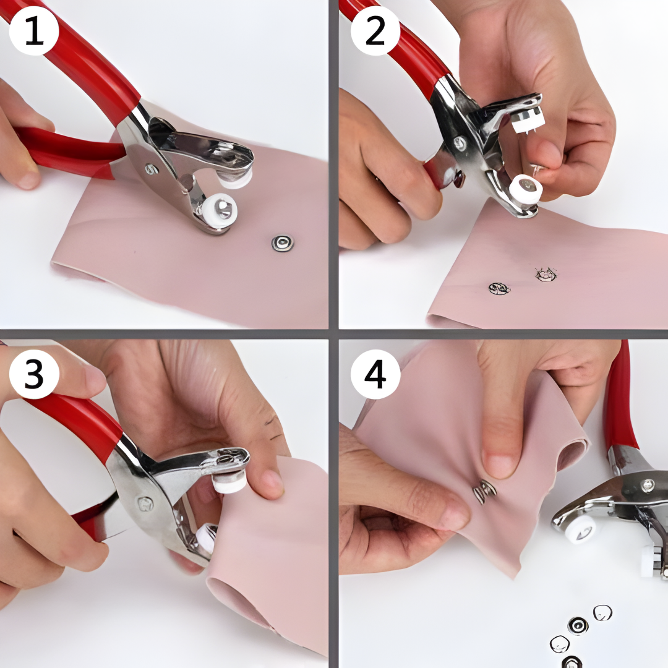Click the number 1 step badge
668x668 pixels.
tap(34, 31)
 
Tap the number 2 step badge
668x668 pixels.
tap(375, 31)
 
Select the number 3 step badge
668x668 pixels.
tap(34, 374)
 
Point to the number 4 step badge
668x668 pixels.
tap(375, 374)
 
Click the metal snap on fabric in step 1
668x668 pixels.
tap(283, 243)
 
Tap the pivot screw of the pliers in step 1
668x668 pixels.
tap(152, 169)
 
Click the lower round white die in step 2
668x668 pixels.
tap(525, 189)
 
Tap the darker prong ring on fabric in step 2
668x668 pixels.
tap(499, 289)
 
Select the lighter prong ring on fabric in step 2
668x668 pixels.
tap(546, 275)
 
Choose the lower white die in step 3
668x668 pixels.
tap(206, 537)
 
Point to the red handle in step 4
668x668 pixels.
tap(620, 398)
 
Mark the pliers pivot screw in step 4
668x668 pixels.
tap(648, 484)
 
